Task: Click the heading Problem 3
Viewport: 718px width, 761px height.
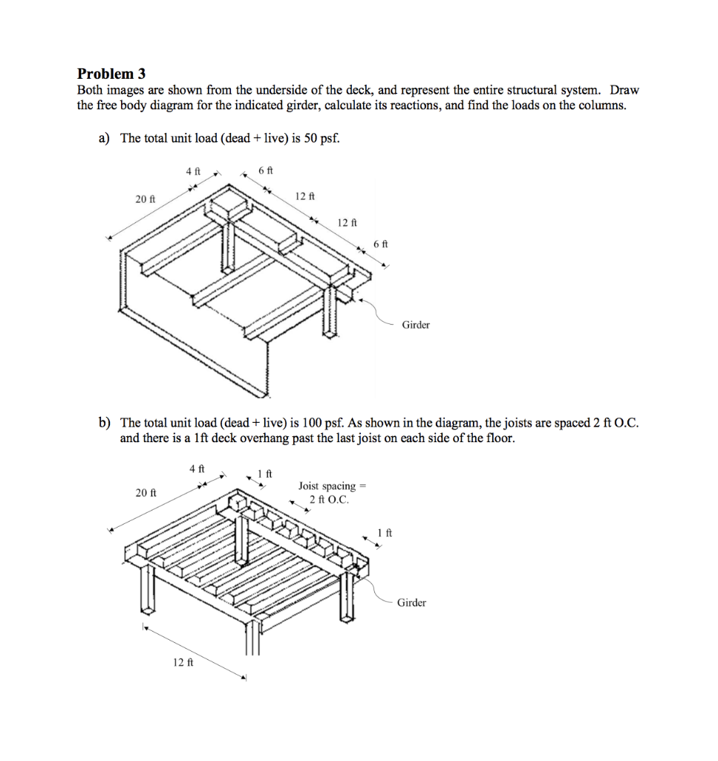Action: click(111, 74)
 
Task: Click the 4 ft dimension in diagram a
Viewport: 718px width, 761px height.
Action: click(193, 171)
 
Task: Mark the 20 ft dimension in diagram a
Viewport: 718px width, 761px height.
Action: click(145, 199)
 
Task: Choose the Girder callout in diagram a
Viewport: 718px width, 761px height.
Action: click(416, 325)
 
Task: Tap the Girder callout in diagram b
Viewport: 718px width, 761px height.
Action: click(411, 603)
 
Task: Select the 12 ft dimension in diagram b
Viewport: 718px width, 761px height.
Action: click(183, 662)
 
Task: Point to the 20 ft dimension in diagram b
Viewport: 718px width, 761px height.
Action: click(146, 493)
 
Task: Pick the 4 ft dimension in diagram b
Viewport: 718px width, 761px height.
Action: click(196, 469)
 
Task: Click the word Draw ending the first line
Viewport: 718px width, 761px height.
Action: click(624, 91)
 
